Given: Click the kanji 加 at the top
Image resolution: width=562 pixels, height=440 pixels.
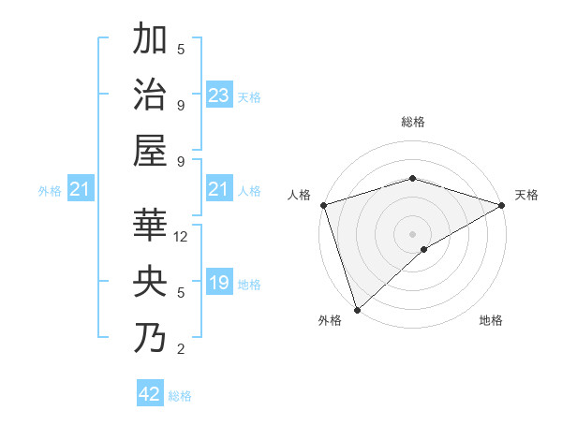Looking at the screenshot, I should [x=151, y=41].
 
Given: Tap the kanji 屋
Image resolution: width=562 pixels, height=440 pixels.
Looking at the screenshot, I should [x=151, y=150].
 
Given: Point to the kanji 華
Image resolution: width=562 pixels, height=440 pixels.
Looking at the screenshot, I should [x=151, y=227].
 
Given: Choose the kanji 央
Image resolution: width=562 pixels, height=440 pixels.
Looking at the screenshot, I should [x=151, y=282].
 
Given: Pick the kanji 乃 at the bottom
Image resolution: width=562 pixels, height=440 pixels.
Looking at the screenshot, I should [x=151, y=338].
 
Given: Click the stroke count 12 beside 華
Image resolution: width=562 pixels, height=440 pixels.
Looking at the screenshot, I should [x=182, y=238].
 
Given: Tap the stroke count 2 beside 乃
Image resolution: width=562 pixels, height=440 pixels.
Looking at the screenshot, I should [x=181, y=349].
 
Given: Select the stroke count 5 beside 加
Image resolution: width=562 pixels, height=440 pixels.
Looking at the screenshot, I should [x=181, y=50].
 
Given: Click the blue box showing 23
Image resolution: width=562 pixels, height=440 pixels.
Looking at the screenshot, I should [x=219, y=95].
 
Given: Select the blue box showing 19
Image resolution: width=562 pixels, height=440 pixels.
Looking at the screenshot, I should [x=219, y=283].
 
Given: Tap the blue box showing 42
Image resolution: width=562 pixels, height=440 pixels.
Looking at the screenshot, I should [x=150, y=394].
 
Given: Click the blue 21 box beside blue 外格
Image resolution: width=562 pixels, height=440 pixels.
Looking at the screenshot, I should [x=81, y=191].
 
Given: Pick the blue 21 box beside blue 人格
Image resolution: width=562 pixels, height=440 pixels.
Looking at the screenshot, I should [x=219, y=190].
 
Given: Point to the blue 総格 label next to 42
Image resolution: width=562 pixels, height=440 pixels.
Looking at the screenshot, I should [x=180, y=396].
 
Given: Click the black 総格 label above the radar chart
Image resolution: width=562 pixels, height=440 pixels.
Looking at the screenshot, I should [x=412, y=122].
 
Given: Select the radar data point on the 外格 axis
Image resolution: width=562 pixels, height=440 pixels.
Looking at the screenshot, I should [x=357, y=309].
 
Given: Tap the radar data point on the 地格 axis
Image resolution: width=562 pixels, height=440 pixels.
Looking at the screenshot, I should [x=424, y=249].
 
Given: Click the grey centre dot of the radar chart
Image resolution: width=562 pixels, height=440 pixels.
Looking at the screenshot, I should [x=412, y=233].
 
